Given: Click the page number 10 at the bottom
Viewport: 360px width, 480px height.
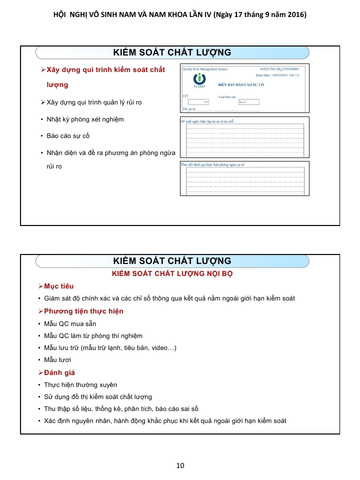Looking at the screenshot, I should pos(180,465).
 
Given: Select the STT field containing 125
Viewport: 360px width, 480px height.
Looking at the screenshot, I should pos(199,101).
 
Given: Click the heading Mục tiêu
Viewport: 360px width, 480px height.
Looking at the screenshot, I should pos(59,286).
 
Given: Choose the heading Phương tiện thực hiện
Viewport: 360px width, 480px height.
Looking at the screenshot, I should pos(83,311).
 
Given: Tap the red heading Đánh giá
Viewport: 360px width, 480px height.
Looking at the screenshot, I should pos(59,372).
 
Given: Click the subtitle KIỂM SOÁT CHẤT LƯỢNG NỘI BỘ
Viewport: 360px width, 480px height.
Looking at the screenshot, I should pos(172,273).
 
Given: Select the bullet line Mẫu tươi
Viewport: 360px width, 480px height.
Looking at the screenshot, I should pos(57,359).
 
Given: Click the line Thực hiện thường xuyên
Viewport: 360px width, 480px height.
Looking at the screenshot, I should pos(80,384).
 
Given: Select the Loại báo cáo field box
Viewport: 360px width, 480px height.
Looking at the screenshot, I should pos(248,101).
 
